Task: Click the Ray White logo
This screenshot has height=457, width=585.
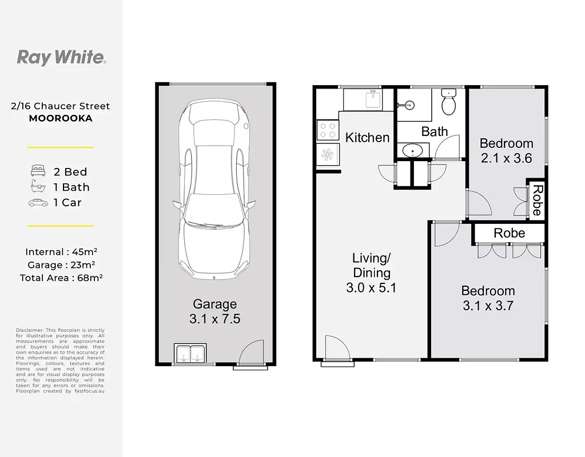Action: [62, 58]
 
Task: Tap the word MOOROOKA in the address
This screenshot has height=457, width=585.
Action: [61, 118]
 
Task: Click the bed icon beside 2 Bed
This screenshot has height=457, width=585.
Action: [38, 171]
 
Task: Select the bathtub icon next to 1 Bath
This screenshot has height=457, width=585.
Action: [38, 186]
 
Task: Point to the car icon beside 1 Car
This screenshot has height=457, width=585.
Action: [38, 203]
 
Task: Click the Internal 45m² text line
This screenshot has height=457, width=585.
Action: [61, 252]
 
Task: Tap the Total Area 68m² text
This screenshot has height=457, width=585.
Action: [61, 278]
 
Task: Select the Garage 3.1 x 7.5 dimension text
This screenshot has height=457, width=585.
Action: [215, 311]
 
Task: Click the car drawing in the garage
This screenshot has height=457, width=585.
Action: [214, 189]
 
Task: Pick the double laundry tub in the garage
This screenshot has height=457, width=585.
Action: [190, 353]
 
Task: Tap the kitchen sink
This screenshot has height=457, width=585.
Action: [373, 99]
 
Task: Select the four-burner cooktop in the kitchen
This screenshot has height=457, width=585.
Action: [328, 130]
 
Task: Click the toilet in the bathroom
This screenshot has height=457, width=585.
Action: [448, 101]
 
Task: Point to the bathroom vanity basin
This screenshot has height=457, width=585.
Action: [413, 151]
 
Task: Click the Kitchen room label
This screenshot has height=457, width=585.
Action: [367, 138]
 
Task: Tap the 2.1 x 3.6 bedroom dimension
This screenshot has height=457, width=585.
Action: [506, 158]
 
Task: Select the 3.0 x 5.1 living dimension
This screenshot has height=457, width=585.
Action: [371, 288]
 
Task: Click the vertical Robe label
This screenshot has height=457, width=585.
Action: [537, 200]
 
